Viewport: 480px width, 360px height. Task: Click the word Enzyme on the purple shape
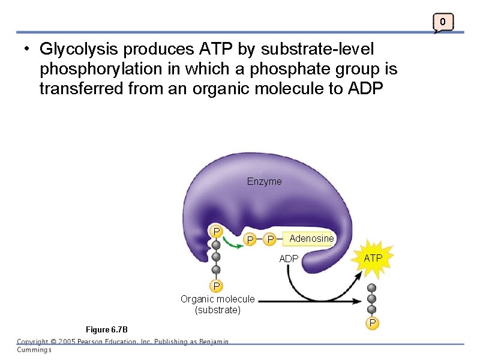point(264,181)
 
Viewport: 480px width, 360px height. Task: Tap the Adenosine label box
point(311,239)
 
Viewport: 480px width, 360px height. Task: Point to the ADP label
point(289,259)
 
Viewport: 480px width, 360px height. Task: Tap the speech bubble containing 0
point(442,23)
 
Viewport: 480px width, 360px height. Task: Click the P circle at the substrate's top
point(215,231)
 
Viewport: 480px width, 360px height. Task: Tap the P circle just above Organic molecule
point(215,285)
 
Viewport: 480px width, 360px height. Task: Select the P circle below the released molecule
point(373,324)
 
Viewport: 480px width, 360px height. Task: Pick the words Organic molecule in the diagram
point(217,299)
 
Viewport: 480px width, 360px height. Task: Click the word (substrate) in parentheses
point(217,310)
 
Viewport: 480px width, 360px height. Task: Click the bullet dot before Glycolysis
point(28,48)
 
